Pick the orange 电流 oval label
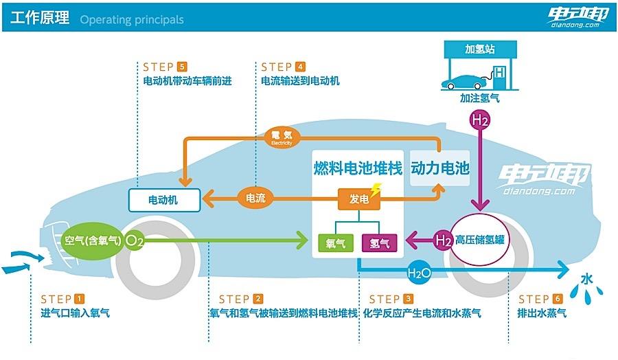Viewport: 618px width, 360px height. (255, 199)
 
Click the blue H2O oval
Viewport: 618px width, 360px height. (419, 273)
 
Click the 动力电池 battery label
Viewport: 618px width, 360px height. (439, 168)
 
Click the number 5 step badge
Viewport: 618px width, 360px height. (182, 67)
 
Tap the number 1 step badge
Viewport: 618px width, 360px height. (79, 299)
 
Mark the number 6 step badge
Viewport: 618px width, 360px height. (557, 299)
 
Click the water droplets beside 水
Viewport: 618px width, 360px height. (588, 294)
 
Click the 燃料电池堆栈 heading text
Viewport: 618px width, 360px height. (358, 168)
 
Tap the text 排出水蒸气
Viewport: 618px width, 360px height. (542, 313)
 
